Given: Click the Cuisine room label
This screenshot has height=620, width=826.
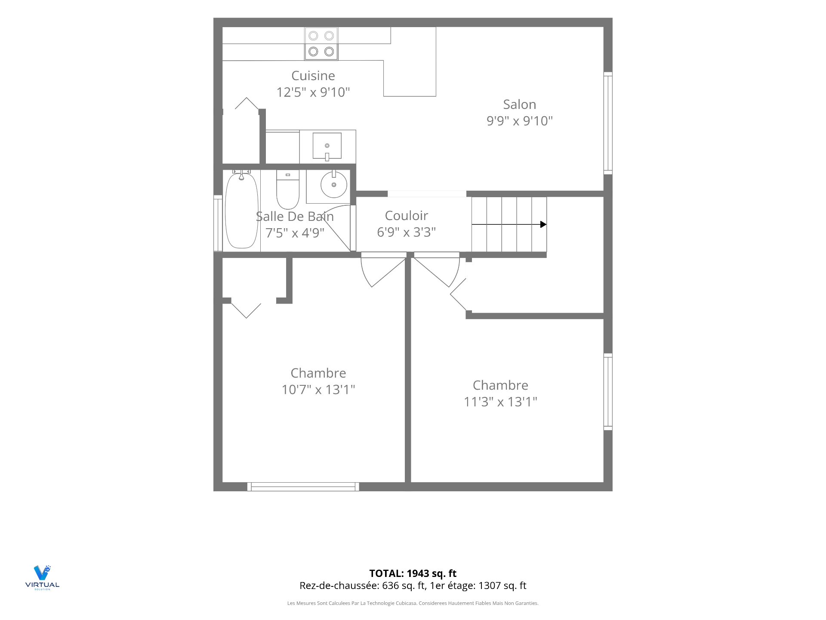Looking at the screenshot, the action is pos(313,76).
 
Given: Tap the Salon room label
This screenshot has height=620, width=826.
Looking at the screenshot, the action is pos(520,105).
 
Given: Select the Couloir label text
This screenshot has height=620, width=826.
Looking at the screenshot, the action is pos(407,216).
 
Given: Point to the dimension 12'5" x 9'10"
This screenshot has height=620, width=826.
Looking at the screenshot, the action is pos(313,92).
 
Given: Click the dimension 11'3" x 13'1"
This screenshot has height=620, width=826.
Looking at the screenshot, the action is pos(500,402).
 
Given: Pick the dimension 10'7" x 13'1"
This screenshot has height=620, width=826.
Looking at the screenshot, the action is pos(318,390).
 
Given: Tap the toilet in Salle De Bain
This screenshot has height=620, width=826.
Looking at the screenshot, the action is pos(287,189).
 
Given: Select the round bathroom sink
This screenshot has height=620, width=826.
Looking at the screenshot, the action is pos(334,184).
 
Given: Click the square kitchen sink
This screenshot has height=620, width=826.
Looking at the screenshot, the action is pos(327,146).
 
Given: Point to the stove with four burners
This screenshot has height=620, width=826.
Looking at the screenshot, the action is pos(321,43).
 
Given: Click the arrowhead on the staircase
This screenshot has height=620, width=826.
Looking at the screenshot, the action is pos(543,224).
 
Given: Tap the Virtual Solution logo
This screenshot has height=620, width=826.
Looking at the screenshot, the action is pos(42,577).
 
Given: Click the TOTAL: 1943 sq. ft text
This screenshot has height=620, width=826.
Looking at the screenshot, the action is pos(413,573).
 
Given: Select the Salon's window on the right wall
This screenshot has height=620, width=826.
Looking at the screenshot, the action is pos(608,123).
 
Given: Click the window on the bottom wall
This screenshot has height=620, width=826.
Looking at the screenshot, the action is pos(303,487).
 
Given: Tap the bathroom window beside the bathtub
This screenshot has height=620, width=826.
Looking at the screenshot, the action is pos(218,223).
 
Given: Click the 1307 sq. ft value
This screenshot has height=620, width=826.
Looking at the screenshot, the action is pos(502,586).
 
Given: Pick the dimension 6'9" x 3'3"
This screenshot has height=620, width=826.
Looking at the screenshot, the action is pos(407,232).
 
